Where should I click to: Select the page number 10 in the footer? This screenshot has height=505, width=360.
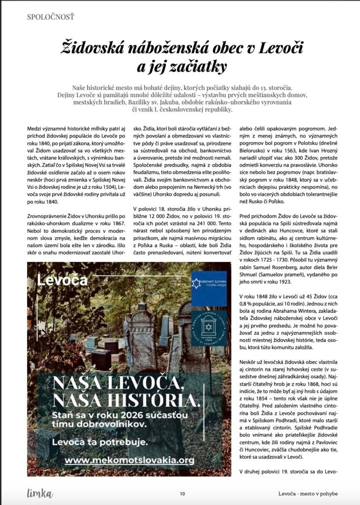coord(182,493)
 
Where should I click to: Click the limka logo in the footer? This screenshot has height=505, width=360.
coord(40,493)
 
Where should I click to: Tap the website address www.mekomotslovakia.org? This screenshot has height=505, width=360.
coord(129,460)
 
